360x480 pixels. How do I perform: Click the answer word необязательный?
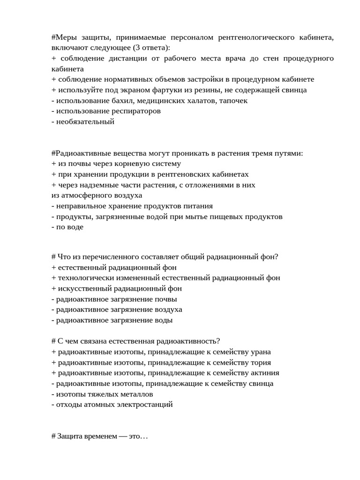(85, 121)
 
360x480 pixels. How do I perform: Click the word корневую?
(134, 164)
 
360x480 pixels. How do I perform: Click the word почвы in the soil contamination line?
(167, 299)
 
